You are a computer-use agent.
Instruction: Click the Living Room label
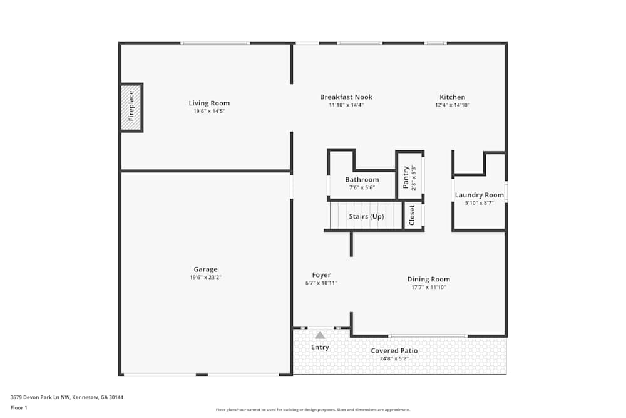coord(209,103)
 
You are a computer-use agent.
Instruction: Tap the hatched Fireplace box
coord(131,107)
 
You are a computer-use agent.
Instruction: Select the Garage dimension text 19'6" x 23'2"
coord(205,277)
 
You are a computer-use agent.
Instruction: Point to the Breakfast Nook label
coord(346,97)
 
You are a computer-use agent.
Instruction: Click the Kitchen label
coord(452,97)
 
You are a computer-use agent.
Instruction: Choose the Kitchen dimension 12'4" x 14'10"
coord(452,105)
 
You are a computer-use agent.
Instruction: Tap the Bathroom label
coord(363,180)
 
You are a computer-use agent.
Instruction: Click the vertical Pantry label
coord(406,177)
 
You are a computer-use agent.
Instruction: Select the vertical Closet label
coord(412,216)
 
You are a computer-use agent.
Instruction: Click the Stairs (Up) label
coord(366,217)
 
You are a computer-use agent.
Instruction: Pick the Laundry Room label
coord(479,195)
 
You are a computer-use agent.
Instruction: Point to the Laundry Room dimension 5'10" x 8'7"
coord(479,203)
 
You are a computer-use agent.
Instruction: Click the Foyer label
coord(321,275)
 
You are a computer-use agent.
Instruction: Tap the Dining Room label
coord(428,280)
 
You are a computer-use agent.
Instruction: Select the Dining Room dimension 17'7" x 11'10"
coord(428,287)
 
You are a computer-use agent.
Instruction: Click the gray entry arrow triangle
coord(320,335)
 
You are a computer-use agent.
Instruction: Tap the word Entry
coord(320,347)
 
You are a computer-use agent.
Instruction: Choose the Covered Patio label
coord(394,351)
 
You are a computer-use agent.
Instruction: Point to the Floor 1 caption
coord(19,407)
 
